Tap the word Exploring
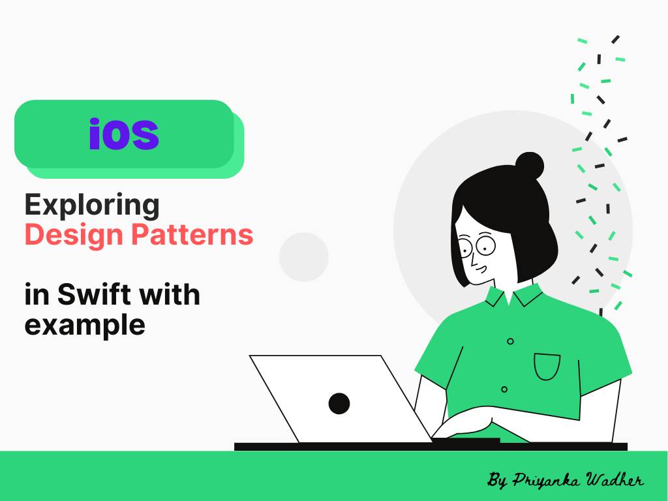[x=92, y=205]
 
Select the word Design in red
[x=71, y=235]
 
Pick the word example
[x=84, y=324]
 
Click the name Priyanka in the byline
[x=546, y=480]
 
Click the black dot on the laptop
[x=339, y=403]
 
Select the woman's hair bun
[x=529, y=166]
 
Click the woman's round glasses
[x=477, y=246]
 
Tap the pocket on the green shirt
[x=547, y=367]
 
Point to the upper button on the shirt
[x=510, y=341]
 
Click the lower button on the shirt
[x=504, y=389]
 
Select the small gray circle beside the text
[x=303, y=257]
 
